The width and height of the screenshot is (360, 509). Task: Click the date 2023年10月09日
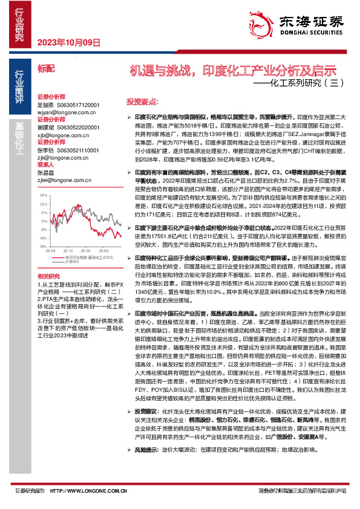click(x=68, y=42)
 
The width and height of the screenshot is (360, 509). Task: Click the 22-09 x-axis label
click(x=51, y=250)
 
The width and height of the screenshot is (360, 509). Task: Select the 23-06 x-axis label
click(x=103, y=250)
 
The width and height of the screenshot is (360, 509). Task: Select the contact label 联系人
click(x=46, y=164)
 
